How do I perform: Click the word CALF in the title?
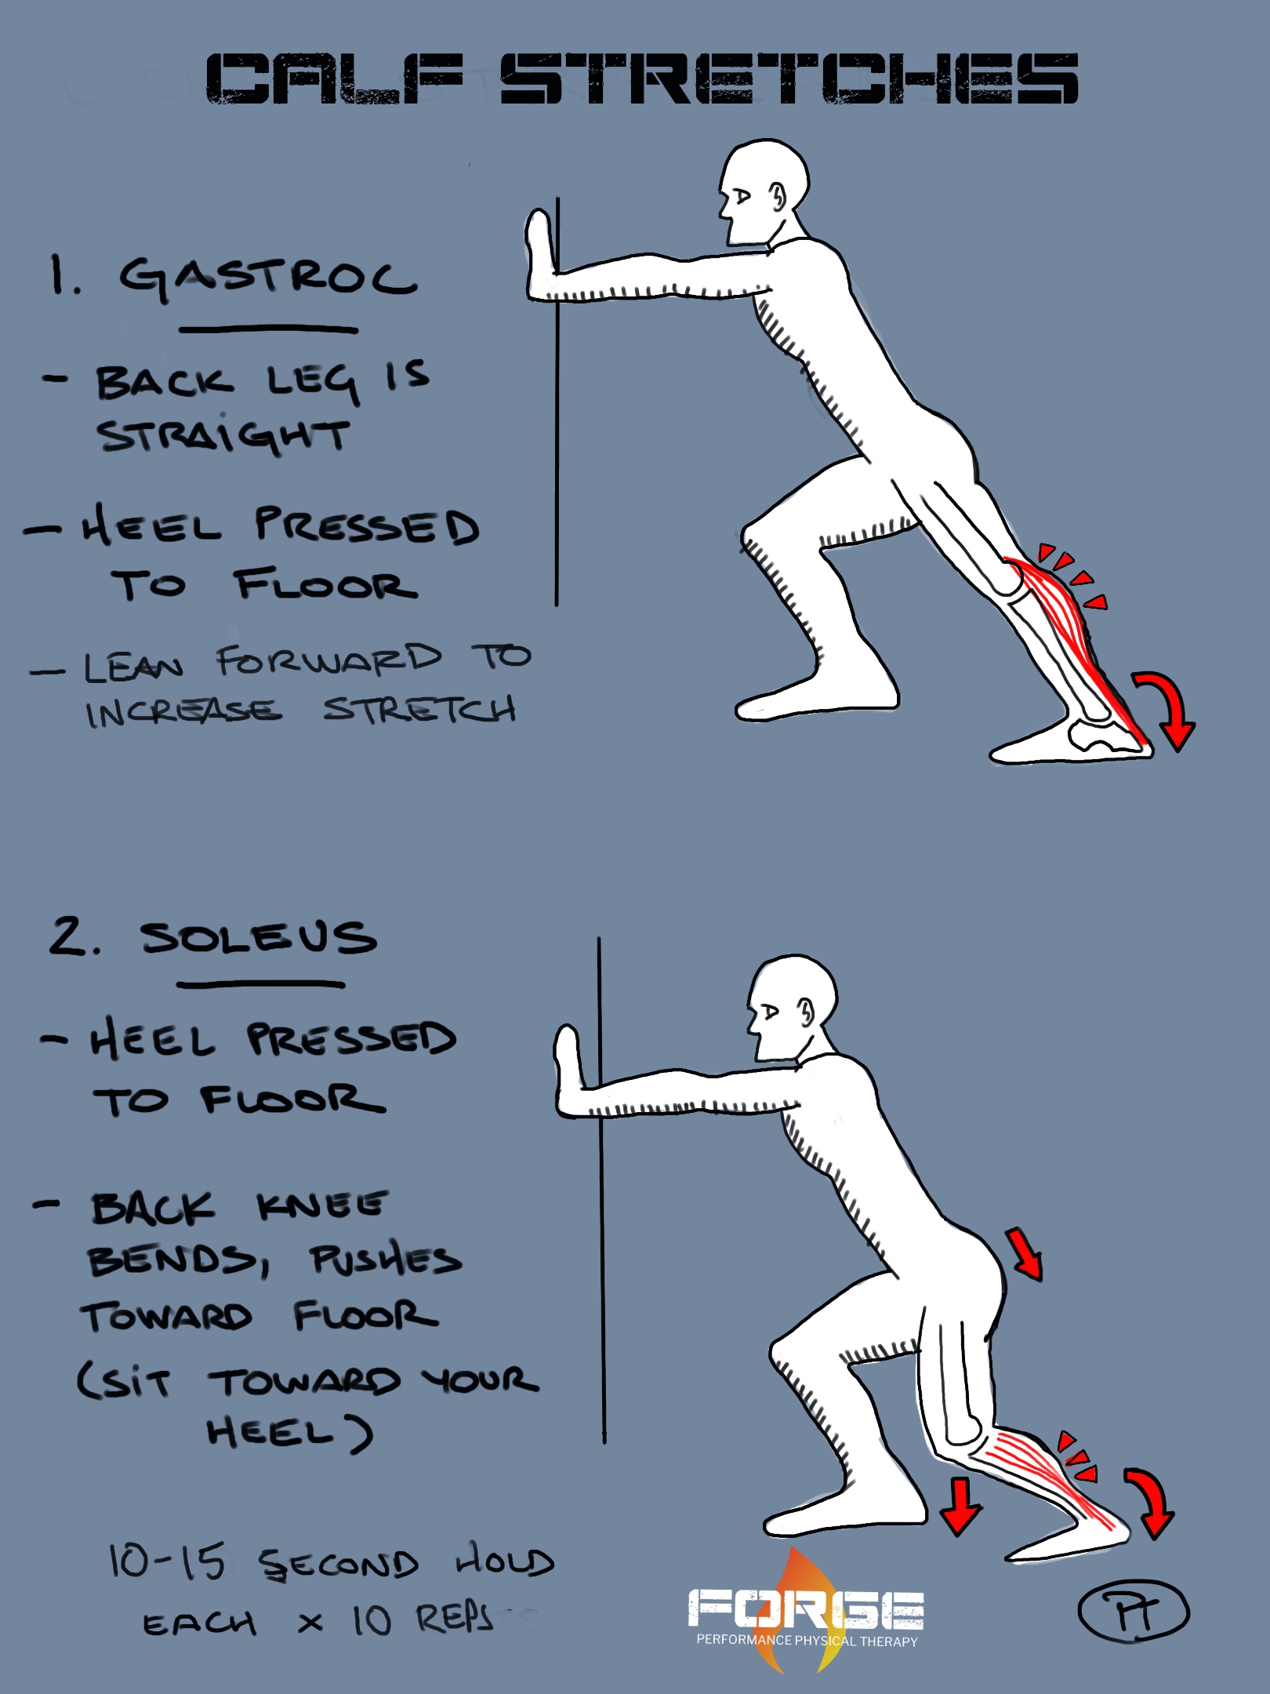(x=333, y=78)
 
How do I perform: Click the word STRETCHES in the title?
(x=789, y=78)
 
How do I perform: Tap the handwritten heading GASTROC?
(x=267, y=278)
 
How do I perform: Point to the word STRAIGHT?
(x=223, y=436)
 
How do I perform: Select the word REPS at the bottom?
(x=455, y=1619)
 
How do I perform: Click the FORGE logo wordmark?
(x=806, y=1609)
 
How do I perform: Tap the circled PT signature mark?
(x=1134, y=1611)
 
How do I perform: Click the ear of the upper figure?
(x=777, y=196)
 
